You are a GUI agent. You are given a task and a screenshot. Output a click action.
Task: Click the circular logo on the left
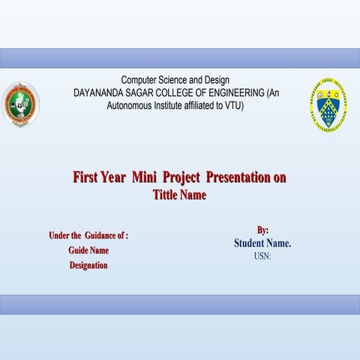coord(20,104)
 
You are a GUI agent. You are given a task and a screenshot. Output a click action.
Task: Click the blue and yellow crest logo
coord(328,105)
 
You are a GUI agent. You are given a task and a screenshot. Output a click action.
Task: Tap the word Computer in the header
coord(140,79)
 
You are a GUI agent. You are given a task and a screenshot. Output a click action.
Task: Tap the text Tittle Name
coord(179,195)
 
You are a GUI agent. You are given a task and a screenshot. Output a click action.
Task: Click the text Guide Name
coord(88,250)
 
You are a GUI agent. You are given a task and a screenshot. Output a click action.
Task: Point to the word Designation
coord(88,265)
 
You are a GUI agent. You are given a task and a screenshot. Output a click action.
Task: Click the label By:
coord(262,230)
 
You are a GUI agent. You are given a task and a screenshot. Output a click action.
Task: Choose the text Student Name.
coord(262,243)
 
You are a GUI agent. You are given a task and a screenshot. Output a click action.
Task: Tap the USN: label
coord(262,256)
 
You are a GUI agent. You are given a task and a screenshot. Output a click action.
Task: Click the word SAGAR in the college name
coord(145,92)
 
